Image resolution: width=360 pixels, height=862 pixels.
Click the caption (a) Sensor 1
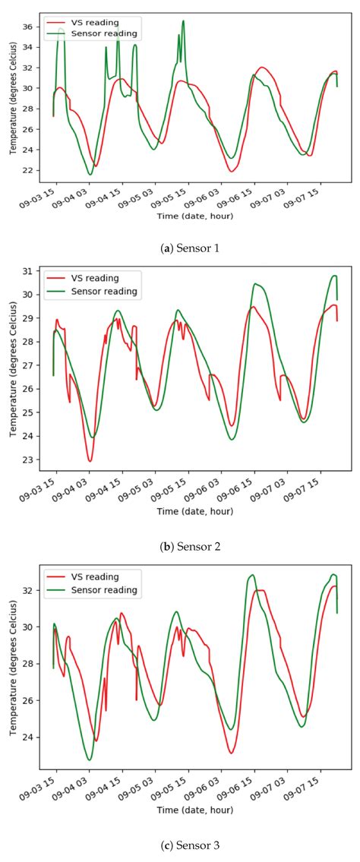[180, 248]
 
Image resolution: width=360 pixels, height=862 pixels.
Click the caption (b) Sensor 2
[180, 546]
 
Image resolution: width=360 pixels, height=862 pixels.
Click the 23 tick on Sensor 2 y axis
[30, 459]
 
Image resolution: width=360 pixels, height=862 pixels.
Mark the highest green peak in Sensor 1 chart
[183, 21]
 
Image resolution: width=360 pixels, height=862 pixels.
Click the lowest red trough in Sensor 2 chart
[90, 461]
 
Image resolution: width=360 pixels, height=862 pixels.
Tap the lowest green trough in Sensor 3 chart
[90, 759]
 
